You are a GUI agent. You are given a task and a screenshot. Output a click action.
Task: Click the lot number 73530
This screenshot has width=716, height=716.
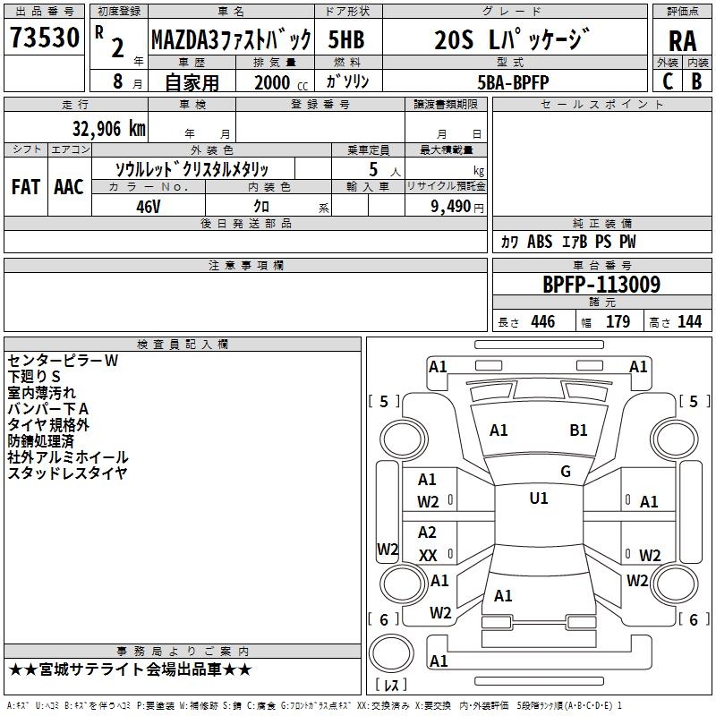pyautogui.click(x=44, y=38)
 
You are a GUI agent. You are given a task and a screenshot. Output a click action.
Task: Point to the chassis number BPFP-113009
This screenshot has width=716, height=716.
pyautogui.click(x=601, y=285)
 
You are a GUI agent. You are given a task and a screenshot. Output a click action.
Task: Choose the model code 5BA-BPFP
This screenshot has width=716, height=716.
pyautogui.click(x=513, y=81)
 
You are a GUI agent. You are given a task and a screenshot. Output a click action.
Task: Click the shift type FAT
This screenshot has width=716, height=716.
pyautogui.click(x=25, y=187)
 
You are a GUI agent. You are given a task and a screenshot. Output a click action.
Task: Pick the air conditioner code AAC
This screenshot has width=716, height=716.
pyautogui.click(x=68, y=187)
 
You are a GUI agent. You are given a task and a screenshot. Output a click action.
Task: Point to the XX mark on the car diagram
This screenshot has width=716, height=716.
pyautogui.click(x=428, y=556)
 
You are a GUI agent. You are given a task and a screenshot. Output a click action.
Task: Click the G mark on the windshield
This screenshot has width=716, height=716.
pyautogui.click(x=565, y=471)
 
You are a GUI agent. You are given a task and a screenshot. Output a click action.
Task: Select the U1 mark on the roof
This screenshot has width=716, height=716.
pyautogui.click(x=538, y=499)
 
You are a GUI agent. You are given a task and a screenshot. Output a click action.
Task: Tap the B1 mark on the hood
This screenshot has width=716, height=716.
pyautogui.click(x=578, y=430)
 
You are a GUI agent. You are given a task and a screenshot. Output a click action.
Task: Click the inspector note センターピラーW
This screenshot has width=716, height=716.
pyautogui.click(x=63, y=361)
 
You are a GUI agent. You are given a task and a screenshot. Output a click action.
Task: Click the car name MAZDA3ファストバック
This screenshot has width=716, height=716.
pyautogui.click(x=230, y=40)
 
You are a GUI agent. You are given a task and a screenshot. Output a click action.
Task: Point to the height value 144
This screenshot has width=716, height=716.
pyautogui.click(x=689, y=322)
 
